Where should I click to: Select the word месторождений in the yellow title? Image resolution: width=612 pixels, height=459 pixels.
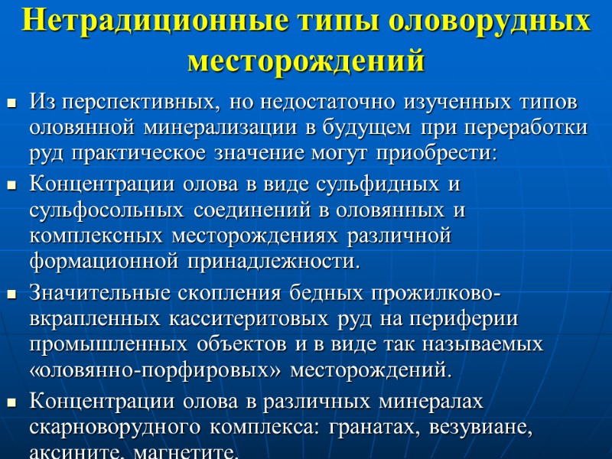click(x=306, y=59)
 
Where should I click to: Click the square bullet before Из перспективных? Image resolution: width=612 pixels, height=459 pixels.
click(x=11, y=102)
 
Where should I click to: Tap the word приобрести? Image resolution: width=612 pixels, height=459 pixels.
click(x=444, y=153)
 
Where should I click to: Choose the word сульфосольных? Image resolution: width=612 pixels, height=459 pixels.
click(x=108, y=210)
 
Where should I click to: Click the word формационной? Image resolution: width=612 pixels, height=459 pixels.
click(x=102, y=262)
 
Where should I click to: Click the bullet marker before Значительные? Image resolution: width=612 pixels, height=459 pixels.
click(x=11, y=293)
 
